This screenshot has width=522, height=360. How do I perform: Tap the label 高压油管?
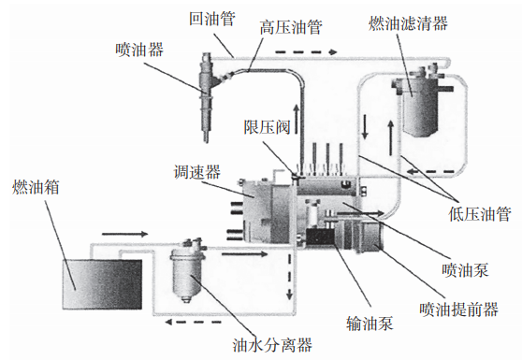click(290, 28)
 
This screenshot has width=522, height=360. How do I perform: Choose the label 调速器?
click(197, 172)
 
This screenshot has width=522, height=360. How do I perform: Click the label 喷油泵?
click(462, 270)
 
